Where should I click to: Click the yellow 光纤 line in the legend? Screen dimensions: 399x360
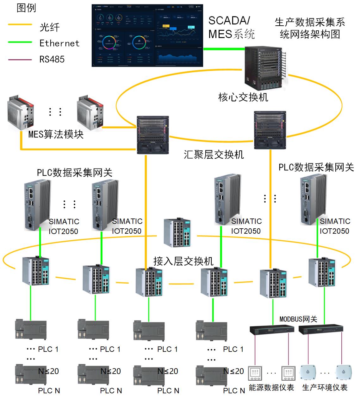point(20,25)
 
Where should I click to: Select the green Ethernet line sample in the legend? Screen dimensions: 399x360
point(20,42)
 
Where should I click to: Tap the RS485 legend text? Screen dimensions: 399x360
point(52,59)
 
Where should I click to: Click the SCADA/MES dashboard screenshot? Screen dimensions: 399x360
point(147,35)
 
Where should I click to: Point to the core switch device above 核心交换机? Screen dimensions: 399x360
point(266,68)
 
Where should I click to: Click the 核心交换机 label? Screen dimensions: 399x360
point(243,97)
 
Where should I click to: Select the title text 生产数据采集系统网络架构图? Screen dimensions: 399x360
point(310,28)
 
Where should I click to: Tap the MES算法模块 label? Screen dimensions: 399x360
point(56,134)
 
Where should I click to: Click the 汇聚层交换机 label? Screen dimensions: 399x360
point(214,155)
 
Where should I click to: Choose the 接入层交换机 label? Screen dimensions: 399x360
point(183,261)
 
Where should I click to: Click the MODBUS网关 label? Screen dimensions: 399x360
point(298,319)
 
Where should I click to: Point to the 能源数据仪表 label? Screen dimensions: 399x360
point(271,388)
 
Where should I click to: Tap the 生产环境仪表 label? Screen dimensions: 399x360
point(325,388)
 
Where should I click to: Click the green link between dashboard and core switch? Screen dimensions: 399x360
point(224,49)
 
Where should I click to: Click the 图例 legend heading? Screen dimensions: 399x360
point(26,8)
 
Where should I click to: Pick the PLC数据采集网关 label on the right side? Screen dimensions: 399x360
point(316,167)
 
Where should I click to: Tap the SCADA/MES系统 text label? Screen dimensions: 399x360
point(231,27)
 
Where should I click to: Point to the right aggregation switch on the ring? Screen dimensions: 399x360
point(270,130)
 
